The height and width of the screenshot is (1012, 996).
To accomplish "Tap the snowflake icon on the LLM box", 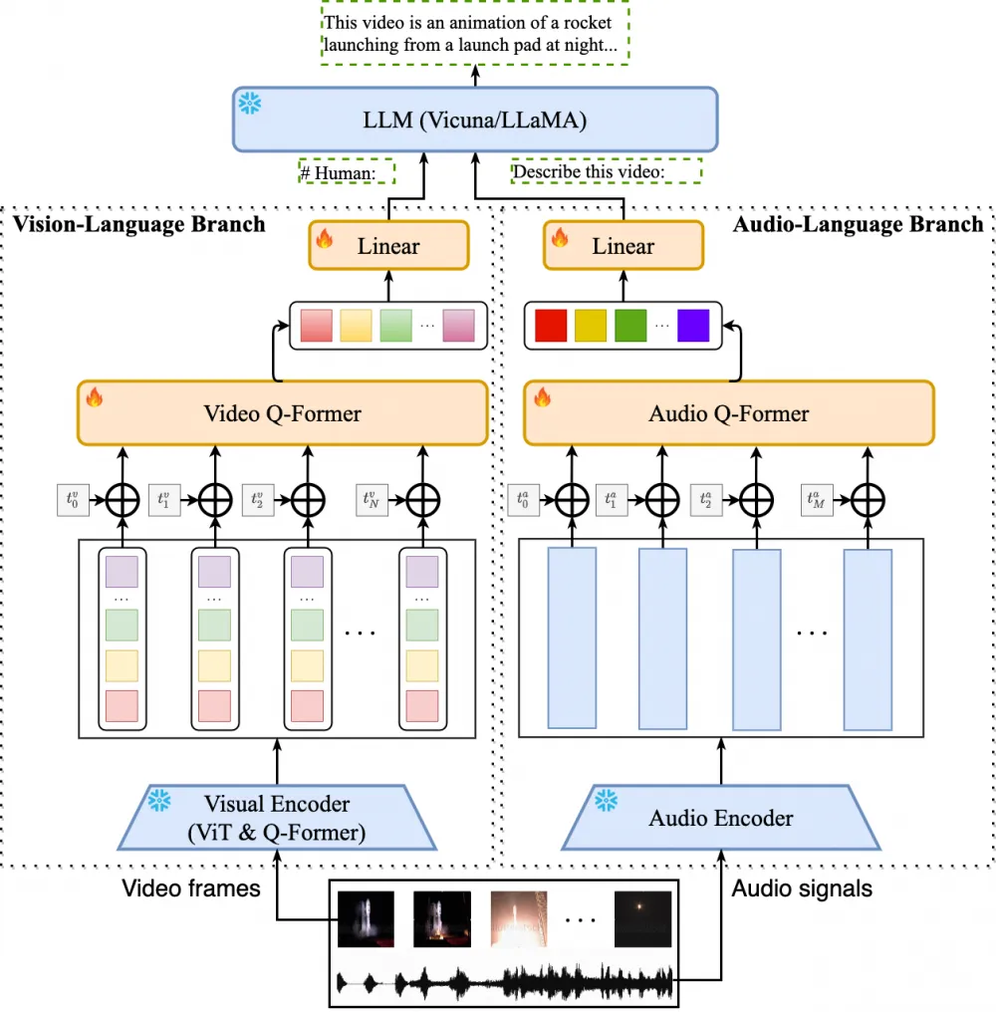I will [x=248, y=103].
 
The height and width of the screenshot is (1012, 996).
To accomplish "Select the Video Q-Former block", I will [x=282, y=412].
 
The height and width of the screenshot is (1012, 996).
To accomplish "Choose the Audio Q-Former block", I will [x=729, y=412].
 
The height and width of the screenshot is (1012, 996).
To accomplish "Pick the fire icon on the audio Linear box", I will [x=559, y=238].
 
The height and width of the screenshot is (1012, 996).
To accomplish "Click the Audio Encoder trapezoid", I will [x=721, y=819].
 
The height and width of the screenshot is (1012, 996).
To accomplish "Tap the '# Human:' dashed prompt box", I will [x=347, y=172].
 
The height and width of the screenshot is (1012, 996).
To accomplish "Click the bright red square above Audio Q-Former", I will [x=551, y=326].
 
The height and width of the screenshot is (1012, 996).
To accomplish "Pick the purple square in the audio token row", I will [x=693, y=326].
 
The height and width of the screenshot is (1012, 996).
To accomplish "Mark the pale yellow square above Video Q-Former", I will [x=356, y=326].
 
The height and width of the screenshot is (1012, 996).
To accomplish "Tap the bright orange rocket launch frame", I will [x=518, y=917].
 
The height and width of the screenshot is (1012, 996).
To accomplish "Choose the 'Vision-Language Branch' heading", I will [x=139, y=223].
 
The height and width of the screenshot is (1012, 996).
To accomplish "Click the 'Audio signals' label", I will [x=802, y=886].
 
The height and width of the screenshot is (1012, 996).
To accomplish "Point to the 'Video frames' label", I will [x=191, y=886].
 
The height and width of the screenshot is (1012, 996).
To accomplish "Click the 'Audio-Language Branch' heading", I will [x=857, y=223].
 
